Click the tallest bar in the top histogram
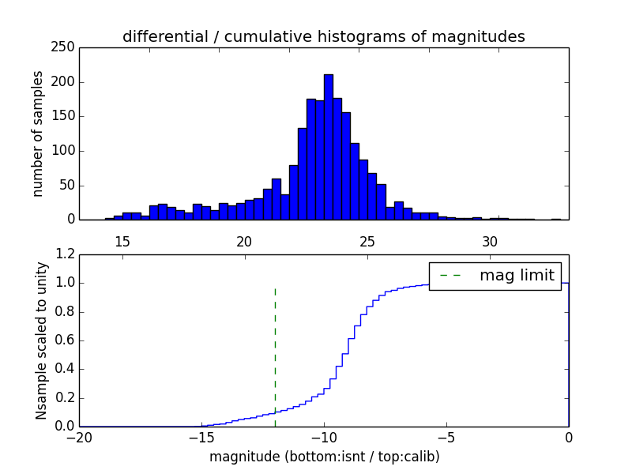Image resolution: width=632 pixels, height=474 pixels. (328, 147)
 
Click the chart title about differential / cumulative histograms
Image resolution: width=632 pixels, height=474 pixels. (323, 36)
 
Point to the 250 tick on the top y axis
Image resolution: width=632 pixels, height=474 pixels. (66, 48)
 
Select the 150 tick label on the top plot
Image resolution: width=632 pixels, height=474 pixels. (66, 116)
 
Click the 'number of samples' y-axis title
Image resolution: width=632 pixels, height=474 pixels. (38, 134)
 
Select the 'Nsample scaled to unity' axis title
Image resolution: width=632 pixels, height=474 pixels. (41, 340)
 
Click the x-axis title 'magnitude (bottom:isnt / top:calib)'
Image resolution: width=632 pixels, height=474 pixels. (324, 457)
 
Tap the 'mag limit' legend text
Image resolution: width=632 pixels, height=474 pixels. (517, 276)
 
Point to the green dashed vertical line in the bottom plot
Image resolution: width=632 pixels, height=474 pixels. (275, 355)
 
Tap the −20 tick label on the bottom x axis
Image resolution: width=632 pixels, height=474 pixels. (79, 438)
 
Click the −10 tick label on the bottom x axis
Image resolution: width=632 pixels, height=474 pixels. (324, 438)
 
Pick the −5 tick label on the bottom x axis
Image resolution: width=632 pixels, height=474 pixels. (446, 438)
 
